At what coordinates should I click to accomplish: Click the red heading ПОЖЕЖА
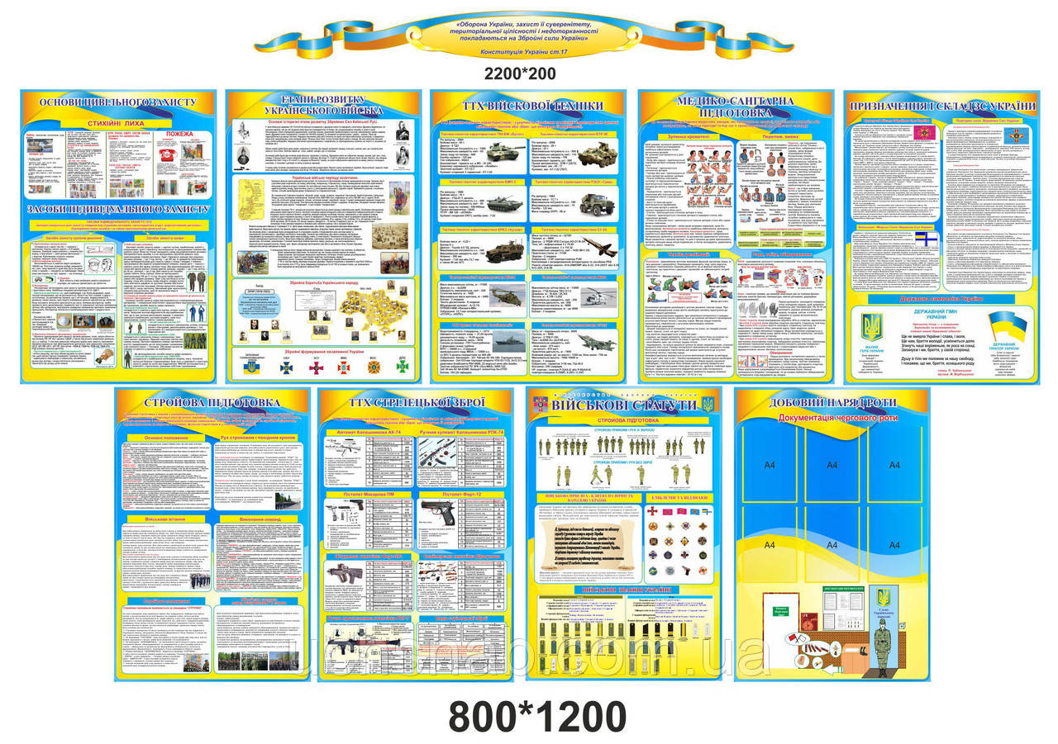(179, 132)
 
